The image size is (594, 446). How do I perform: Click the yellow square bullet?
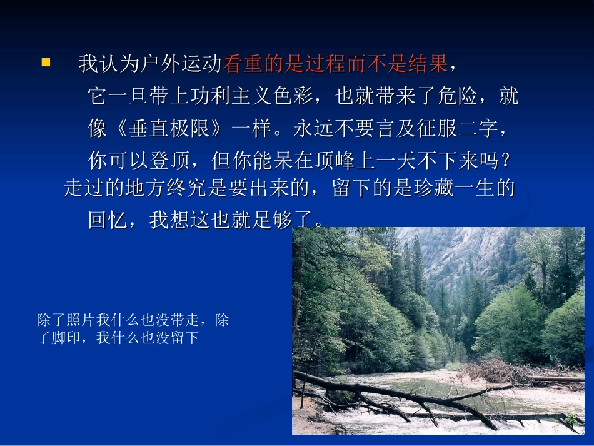coord(45,62)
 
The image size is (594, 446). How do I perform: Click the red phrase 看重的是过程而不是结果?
coord(335,63)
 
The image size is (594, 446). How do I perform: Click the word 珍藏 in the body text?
coord(435,188)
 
